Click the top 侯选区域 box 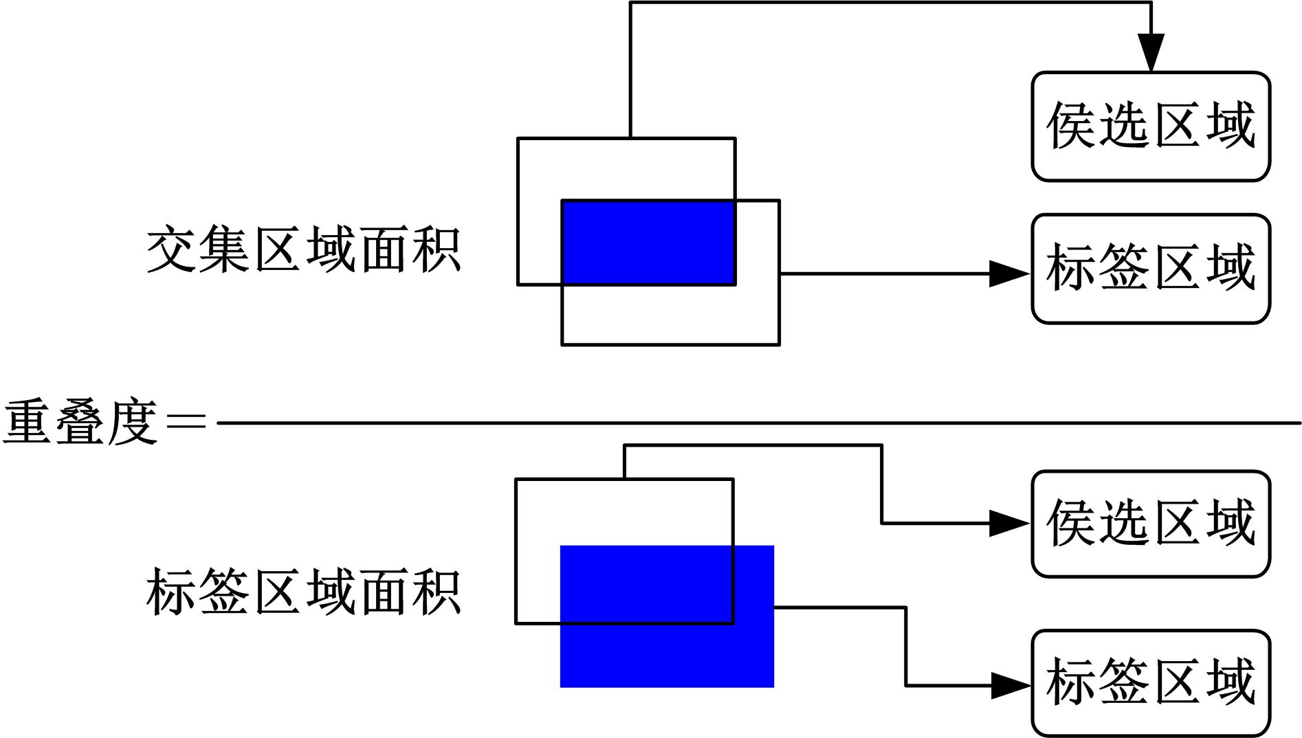tap(1150, 126)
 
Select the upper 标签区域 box tap(1150, 269)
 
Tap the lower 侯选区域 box tap(1150, 524)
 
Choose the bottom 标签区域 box tap(1150, 682)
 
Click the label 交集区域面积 tap(303, 249)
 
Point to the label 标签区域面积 tap(303, 591)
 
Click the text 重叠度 tap(80, 422)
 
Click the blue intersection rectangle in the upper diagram tap(648, 242)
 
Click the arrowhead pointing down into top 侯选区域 tap(1151, 52)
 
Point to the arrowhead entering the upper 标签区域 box tap(1008, 273)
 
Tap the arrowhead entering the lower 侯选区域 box tap(1008, 524)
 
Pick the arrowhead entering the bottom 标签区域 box tap(1010, 685)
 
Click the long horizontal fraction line tap(756, 423)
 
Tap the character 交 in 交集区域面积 tap(172, 249)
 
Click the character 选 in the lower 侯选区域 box tap(1123, 524)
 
